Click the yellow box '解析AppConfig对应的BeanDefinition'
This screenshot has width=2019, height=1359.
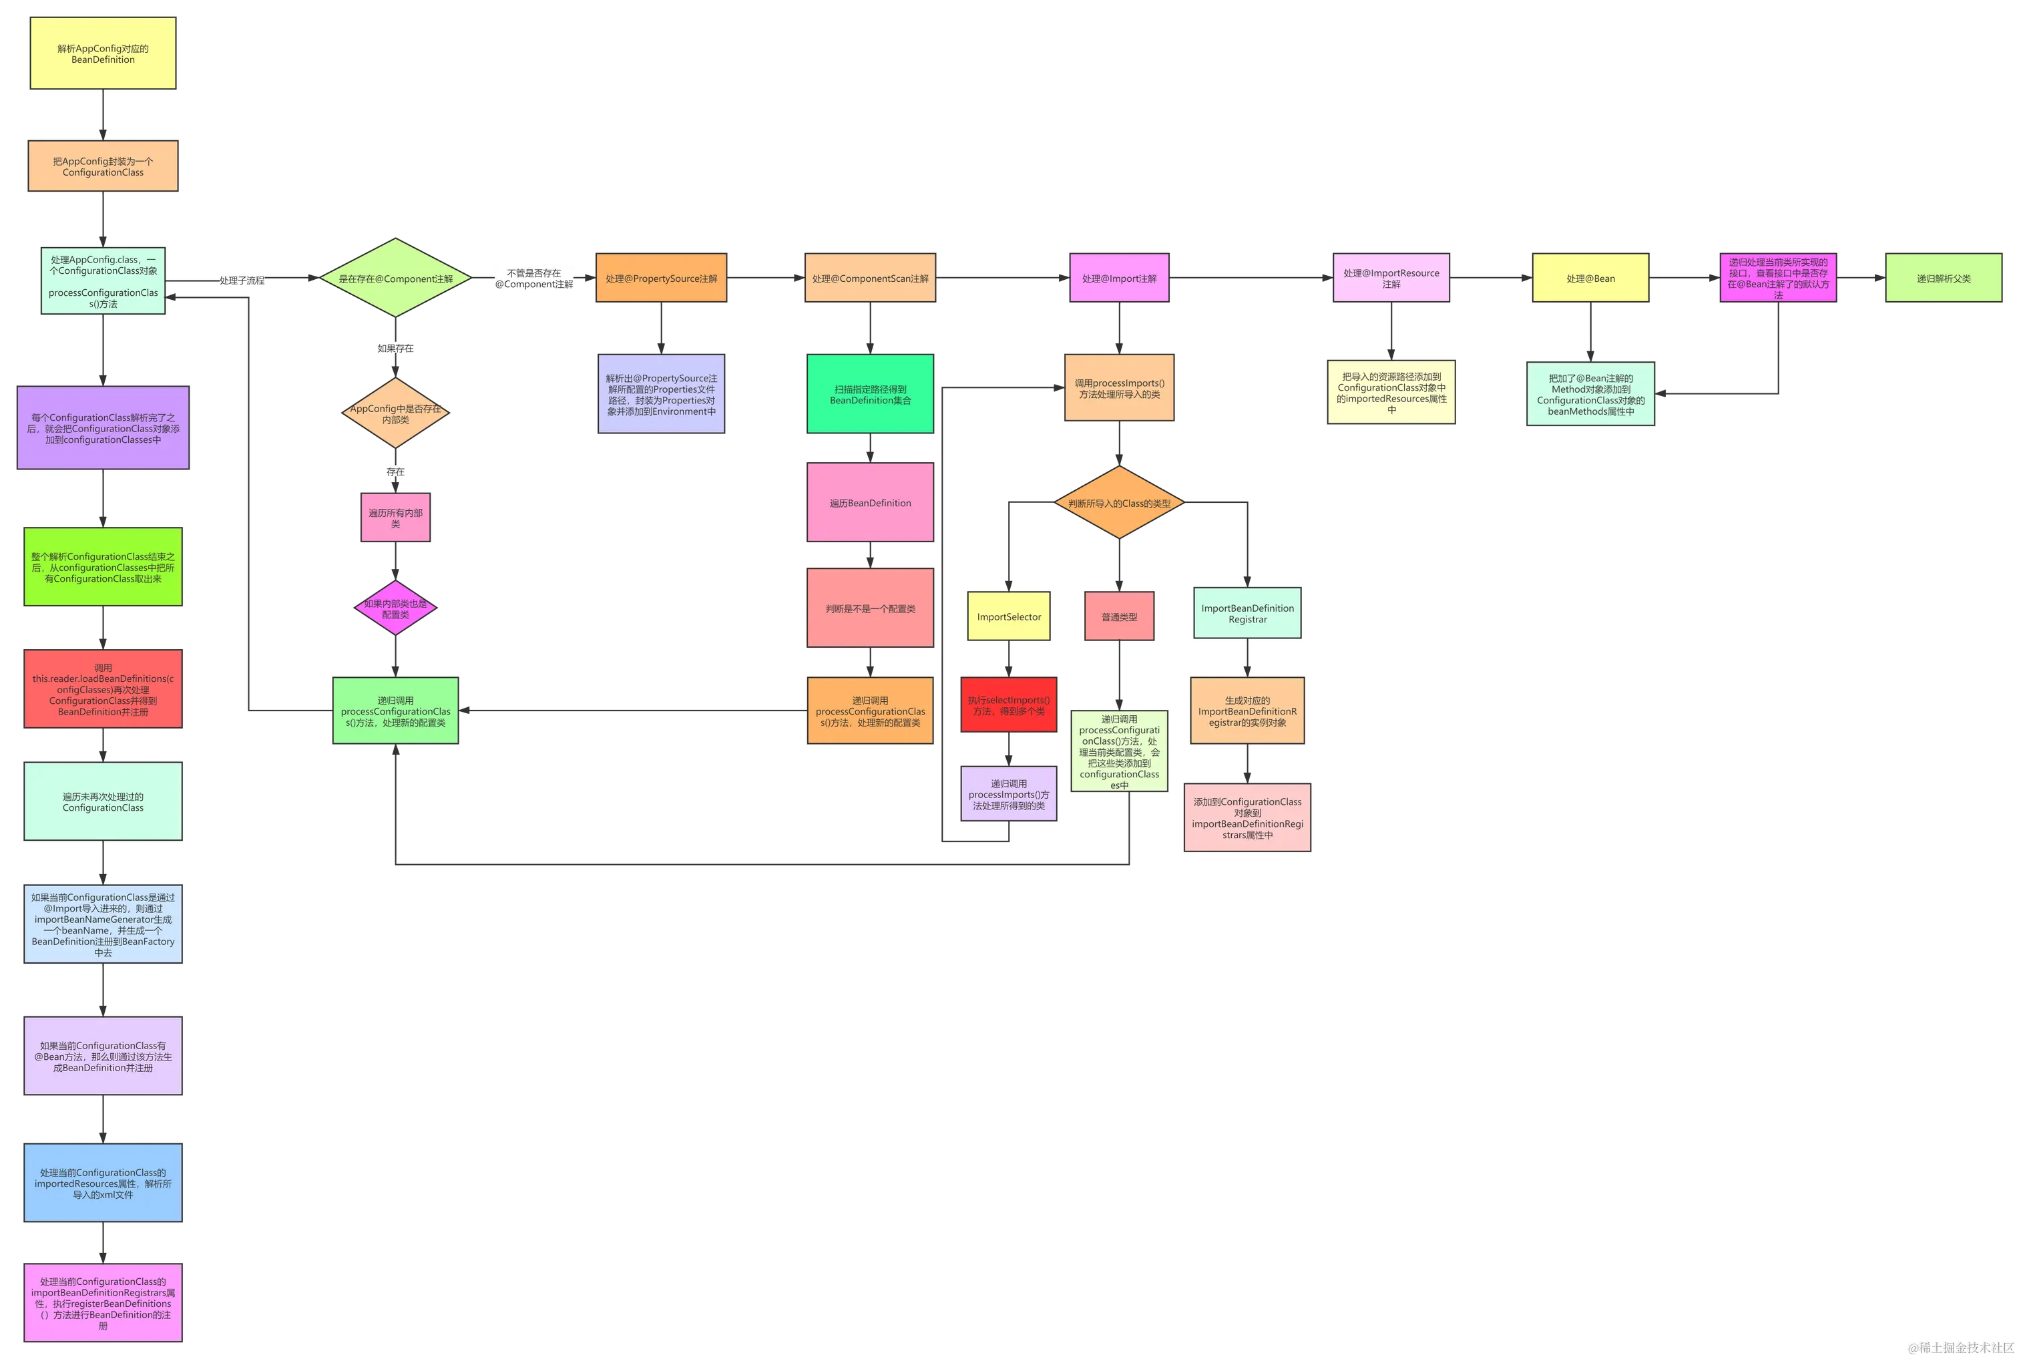click(x=103, y=53)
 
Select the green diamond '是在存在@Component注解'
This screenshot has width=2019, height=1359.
click(x=395, y=278)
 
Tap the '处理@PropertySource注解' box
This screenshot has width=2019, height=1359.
click(x=661, y=278)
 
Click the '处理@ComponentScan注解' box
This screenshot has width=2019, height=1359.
click(x=870, y=278)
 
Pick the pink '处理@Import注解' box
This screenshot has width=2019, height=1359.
click(x=1119, y=278)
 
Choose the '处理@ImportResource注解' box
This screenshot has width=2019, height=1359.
click(x=1391, y=278)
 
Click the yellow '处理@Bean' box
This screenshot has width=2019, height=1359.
click(x=1590, y=278)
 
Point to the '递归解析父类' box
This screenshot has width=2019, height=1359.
click(x=1944, y=278)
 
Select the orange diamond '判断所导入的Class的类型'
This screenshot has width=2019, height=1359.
click(x=1119, y=503)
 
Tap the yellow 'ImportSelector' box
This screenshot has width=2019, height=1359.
click(x=1009, y=617)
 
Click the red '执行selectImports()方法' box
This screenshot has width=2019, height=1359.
click(x=1009, y=705)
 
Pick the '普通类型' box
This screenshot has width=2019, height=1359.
click(x=1119, y=617)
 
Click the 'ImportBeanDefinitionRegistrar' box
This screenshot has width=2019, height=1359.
click(x=1247, y=614)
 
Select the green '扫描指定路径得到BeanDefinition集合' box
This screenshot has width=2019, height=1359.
click(x=870, y=395)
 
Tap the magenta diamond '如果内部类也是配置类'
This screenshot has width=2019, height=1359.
click(x=395, y=608)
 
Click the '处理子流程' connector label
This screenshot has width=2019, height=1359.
click(x=242, y=280)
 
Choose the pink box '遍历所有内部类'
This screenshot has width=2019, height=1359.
click(x=395, y=518)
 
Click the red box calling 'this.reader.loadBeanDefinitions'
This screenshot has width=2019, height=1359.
click(x=103, y=690)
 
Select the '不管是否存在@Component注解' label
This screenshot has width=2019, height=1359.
click(x=533, y=278)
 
